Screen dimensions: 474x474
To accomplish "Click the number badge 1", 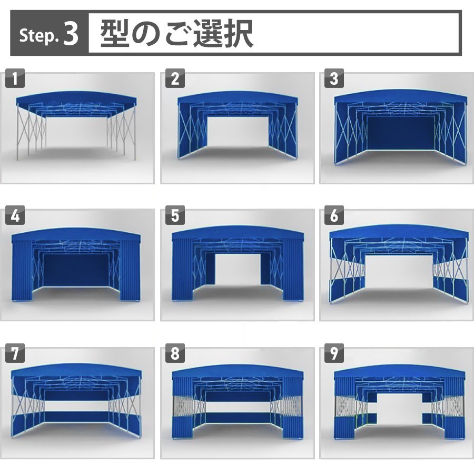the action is pyautogui.click(x=15, y=78).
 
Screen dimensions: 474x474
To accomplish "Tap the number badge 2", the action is pyautogui.click(x=175, y=78).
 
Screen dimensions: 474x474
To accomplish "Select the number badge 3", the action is pyautogui.click(x=334, y=78).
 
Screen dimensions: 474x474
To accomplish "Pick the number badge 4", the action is pyautogui.click(x=15, y=215).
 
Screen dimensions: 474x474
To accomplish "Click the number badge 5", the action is pyautogui.click(x=175, y=215).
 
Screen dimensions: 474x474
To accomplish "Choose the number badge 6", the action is pyautogui.click(x=334, y=215).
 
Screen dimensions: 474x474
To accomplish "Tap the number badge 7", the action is pyautogui.click(x=15, y=353).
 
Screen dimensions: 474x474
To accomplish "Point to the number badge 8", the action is pyautogui.click(x=175, y=353).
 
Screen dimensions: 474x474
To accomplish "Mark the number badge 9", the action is pyautogui.click(x=334, y=353).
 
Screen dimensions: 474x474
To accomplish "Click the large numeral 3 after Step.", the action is pyautogui.click(x=71, y=34).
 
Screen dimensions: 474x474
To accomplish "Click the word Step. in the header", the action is pyautogui.click(x=38, y=36).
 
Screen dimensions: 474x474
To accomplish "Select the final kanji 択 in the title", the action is pyautogui.click(x=238, y=33).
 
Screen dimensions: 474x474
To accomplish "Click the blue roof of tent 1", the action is pyautogui.click(x=77, y=97).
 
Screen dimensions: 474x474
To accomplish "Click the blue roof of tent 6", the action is pyautogui.click(x=400, y=232).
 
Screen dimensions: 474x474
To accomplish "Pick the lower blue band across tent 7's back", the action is pyautogui.click(x=76, y=417).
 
